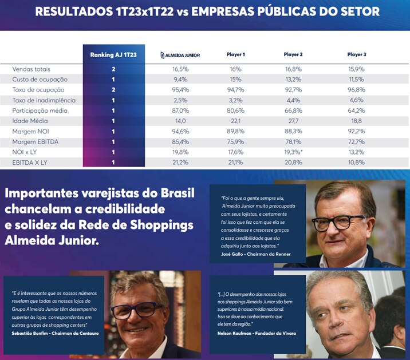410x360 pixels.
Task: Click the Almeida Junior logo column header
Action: tap(182, 55)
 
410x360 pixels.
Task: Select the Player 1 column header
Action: tap(236, 55)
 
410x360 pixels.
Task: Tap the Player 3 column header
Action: tap(356, 55)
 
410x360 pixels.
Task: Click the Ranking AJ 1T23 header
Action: tap(113, 55)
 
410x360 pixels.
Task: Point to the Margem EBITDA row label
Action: tap(36, 141)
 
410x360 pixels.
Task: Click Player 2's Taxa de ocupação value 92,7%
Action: tap(293, 90)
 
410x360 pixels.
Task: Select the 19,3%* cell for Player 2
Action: tap(294, 152)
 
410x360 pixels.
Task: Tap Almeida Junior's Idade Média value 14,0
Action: tap(182, 121)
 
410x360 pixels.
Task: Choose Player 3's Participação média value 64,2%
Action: tap(356, 110)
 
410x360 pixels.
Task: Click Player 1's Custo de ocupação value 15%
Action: tap(236, 80)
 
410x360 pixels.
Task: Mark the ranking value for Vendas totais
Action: tap(113, 69)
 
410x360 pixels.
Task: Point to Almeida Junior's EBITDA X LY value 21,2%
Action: tap(182, 162)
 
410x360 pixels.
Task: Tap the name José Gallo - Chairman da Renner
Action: tap(255, 254)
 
